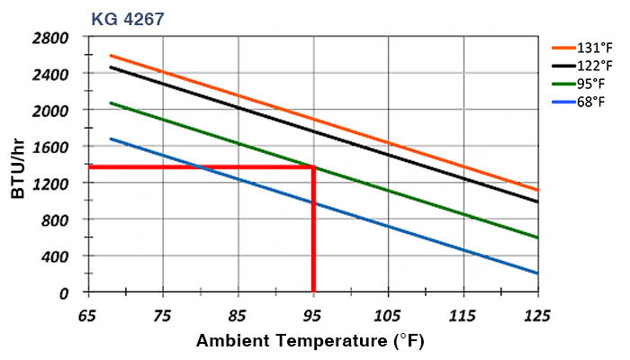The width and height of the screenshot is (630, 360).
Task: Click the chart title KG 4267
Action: [127, 17]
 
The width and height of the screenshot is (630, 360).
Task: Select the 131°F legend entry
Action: [593, 49]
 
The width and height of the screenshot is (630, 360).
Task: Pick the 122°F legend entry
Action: [593, 66]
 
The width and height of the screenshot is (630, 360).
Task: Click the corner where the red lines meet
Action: [313, 167]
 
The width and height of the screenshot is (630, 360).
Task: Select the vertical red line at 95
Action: [313, 234]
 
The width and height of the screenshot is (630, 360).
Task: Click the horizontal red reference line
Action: [198, 167]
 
